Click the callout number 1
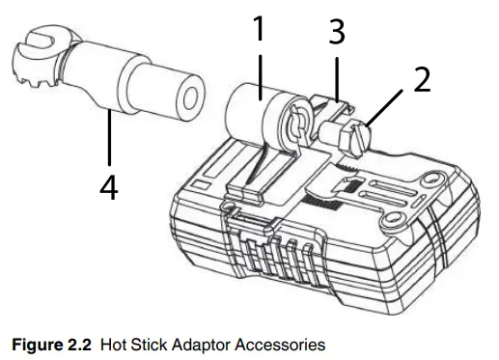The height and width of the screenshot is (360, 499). click(259, 28)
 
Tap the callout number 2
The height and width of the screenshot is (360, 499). click(422, 79)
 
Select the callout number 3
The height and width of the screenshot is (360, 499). click(337, 32)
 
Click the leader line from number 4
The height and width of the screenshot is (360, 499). click(110, 138)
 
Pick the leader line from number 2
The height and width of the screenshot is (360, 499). click(384, 108)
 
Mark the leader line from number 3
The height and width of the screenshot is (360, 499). click(337, 80)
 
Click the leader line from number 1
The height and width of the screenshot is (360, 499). click(260, 77)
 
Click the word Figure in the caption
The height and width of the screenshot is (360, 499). click(38, 346)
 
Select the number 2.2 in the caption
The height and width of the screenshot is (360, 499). click(79, 345)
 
